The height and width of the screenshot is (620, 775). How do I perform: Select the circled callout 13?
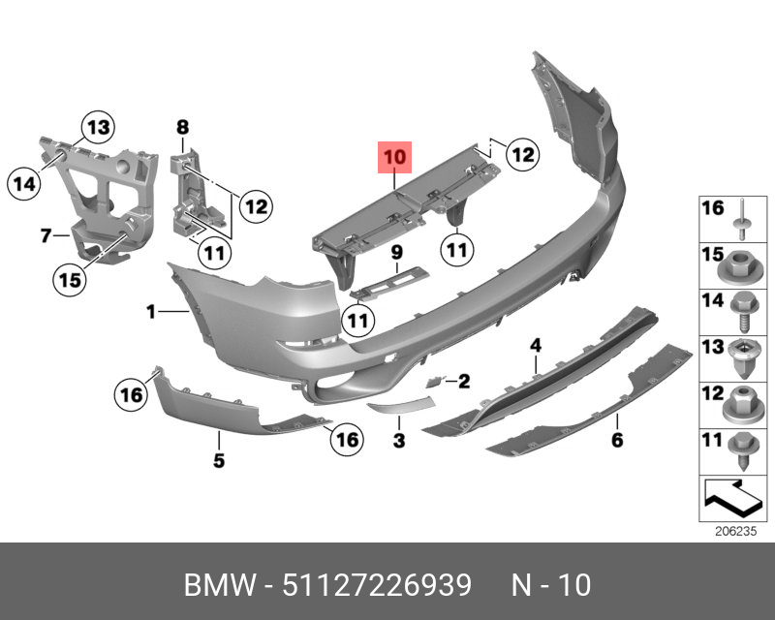[x=96, y=126]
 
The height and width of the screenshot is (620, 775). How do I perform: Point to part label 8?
[x=181, y=126]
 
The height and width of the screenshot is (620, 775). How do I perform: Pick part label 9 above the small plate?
[x=395, y=254]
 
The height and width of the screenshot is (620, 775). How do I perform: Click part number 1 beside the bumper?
[x=151, y=311]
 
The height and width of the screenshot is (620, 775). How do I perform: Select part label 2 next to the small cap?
[x=464, y=382]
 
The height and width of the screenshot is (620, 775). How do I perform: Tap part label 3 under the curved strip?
[x=397, y=442]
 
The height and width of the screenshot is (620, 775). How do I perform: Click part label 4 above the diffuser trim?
[x=534, y=344]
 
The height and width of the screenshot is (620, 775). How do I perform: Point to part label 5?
[x=219, y=461]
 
